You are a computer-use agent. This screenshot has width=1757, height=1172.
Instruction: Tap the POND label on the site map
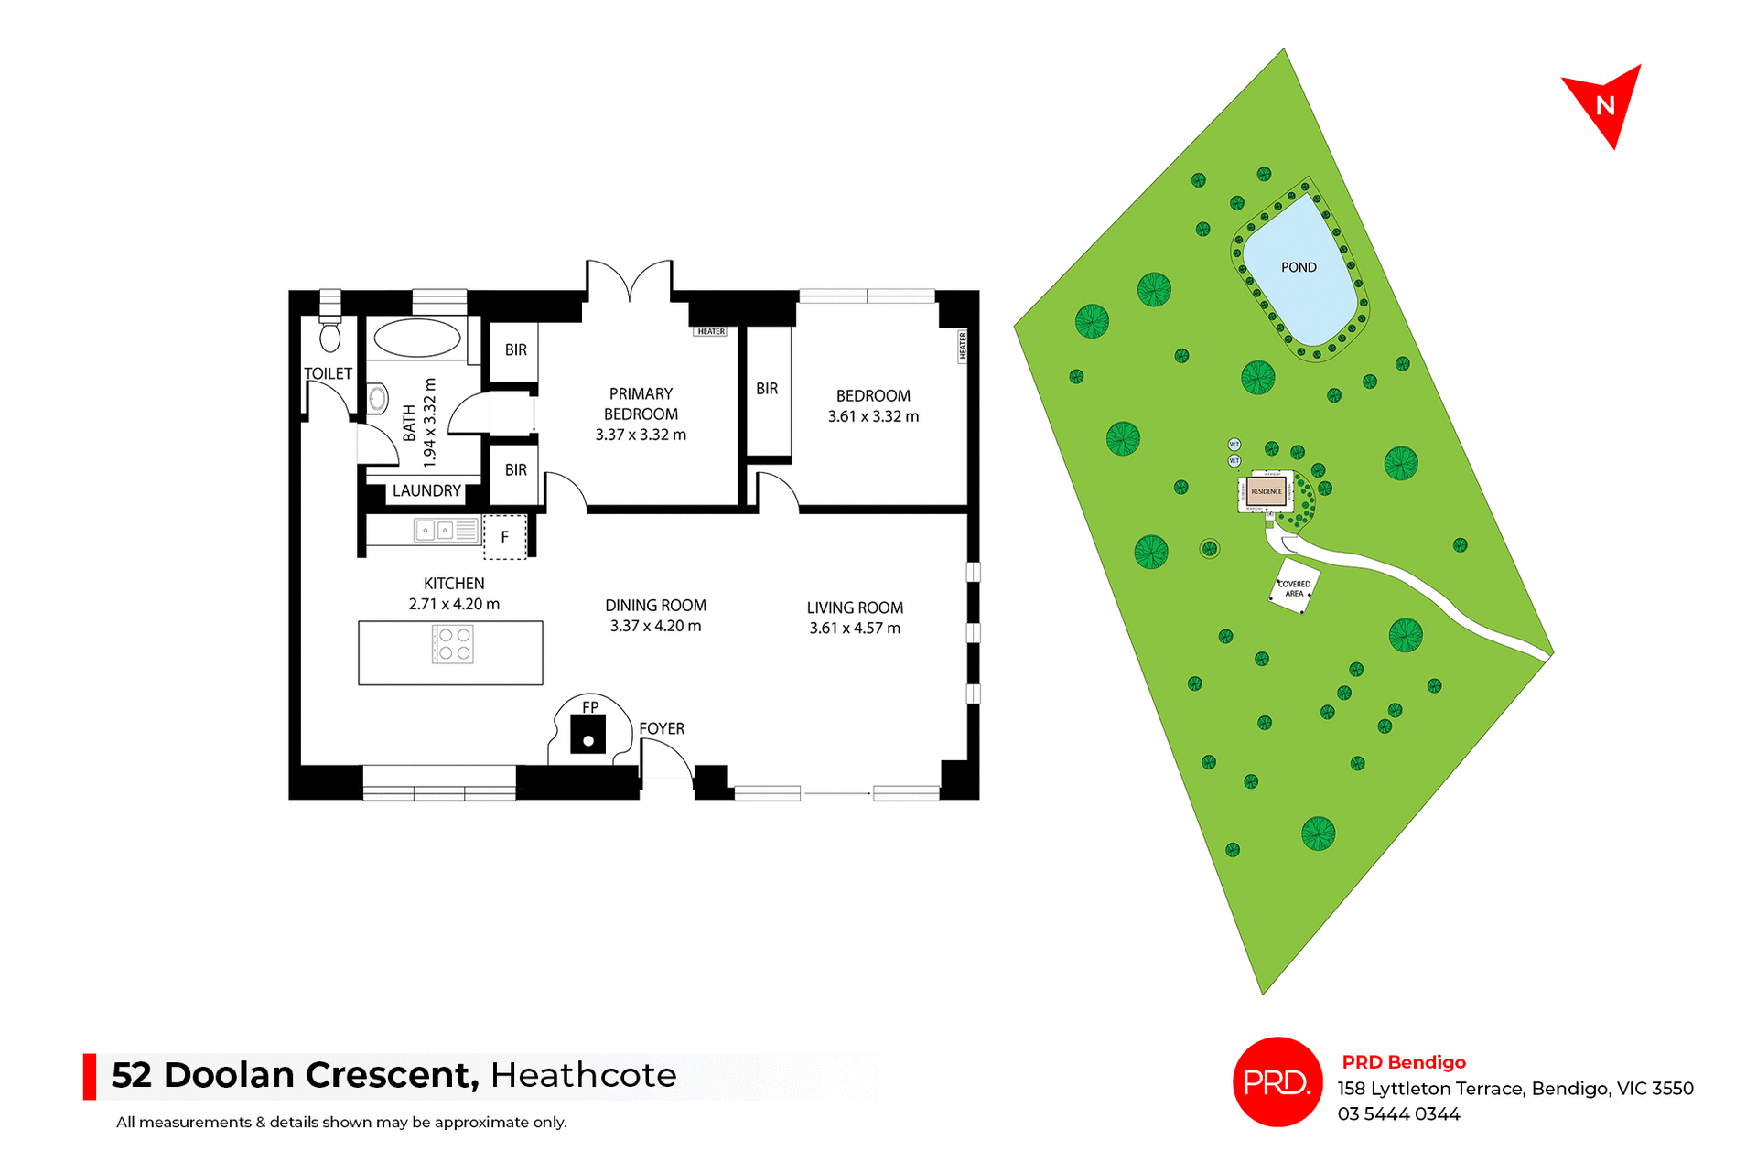pyautogui.click(x=1298, y=267)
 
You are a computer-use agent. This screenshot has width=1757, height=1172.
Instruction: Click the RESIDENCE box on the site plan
pyautogui.click(x=1267, y=491)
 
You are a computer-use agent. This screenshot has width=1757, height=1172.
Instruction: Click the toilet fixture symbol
pyautogui.click(x=329, y=336)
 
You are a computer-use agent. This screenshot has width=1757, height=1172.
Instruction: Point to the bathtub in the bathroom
pyautogui.click(x=417, y=338)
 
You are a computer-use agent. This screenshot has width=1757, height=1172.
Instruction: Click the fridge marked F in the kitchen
pyautogui.click(x=504, y=537)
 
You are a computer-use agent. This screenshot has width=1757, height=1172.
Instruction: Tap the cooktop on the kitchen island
pyautogui.click(x=453, y=643)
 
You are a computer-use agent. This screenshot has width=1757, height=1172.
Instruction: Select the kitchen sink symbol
pyautogui.click(x=434, y=530)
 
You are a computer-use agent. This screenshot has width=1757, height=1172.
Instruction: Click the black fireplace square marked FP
pyautogui.click(x=587, y=734)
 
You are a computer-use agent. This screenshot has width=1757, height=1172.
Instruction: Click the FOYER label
pyautogui.click(x=662, y=728)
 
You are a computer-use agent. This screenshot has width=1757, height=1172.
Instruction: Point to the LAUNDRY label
pyautogui.click(x=426, y=490)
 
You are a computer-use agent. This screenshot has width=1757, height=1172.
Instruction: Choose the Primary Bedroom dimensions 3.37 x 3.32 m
pyautogui.click(x=641, y=435)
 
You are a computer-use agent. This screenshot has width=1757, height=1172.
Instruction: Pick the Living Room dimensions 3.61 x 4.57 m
pyautogui.click(x=855, y=628)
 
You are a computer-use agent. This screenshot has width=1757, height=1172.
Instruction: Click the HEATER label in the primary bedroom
pyautogui.click(x=711, y=331)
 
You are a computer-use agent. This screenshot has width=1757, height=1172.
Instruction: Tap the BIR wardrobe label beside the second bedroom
pyautogui.click(x=767, y=389)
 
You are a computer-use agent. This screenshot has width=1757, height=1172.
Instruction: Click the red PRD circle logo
pyautogui.click(x=1277, y=1081)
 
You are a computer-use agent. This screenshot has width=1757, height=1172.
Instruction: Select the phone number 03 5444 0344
pyautogui.click(x=1398, y=1113)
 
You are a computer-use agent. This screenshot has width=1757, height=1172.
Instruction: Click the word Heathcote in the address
pyautogui.click(x=583, y=1075)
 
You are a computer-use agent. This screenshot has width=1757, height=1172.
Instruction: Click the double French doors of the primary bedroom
pyautogui.click(x=630, y=281)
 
